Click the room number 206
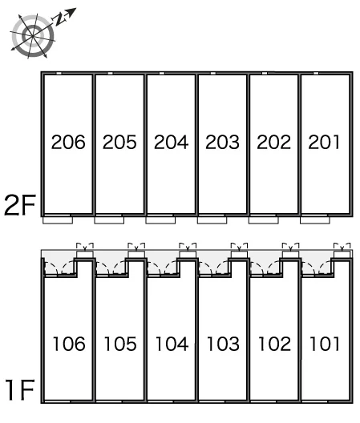pos(68,142)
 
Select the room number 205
pos(119,142)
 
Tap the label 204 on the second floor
pos(172,142)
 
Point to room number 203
pos(223,142)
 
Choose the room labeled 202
pos(274,142)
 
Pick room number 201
pos(324,142)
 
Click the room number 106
pos(69,344)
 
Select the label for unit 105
pos(120,344)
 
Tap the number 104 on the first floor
pos(172,344)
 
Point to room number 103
pos(224,344)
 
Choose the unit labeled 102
pos(275,344)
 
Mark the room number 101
pos(325,344)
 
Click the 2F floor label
pos(20,205)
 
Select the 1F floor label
pos(21,389)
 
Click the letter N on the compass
pos(59,19)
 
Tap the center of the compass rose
pos(33,35)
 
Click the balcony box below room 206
pos(58,220)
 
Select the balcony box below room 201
pos(315,220)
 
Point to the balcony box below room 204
pos(160,220)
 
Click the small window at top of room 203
pos(213,74)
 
